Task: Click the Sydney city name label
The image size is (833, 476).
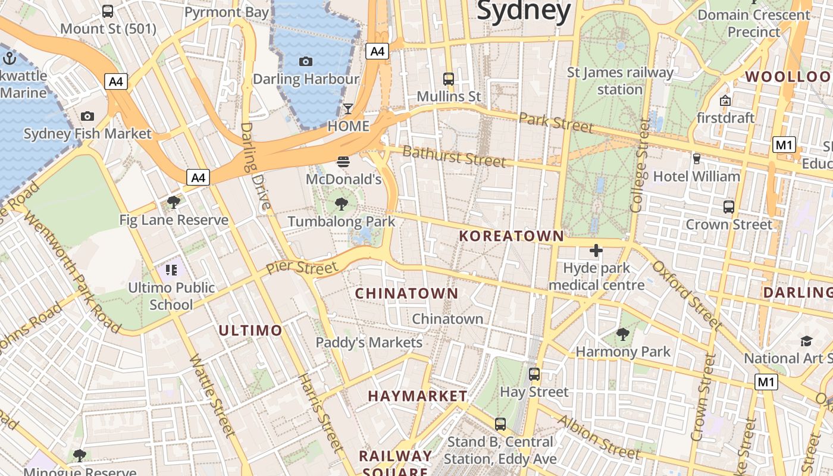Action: (524, 11)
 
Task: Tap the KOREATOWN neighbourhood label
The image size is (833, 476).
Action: (511, 236)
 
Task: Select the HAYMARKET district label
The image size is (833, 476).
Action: (418, 396)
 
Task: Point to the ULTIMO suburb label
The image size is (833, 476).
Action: (250, 331)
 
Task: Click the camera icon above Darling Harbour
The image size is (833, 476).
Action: (306, 61)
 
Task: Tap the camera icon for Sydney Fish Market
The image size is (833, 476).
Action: (87, 116)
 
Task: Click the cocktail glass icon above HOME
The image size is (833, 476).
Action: (348, 108)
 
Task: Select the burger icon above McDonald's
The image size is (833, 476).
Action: (343, 161)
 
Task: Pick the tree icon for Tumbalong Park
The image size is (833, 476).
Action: (342, 204)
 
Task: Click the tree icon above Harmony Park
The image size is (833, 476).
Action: (623, 334)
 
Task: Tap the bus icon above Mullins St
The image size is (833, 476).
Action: (449, 79)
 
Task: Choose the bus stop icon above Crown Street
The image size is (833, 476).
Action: (729, 207)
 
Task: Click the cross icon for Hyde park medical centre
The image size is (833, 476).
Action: (596, 250)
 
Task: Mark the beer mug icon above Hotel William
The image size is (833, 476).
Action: (697, 158)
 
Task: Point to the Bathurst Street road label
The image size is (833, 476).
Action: (455, 156)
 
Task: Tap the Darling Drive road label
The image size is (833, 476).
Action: (255, 167)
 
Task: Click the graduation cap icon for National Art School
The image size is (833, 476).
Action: (806, 341)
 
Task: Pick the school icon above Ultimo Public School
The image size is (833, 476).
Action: (171, 271)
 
